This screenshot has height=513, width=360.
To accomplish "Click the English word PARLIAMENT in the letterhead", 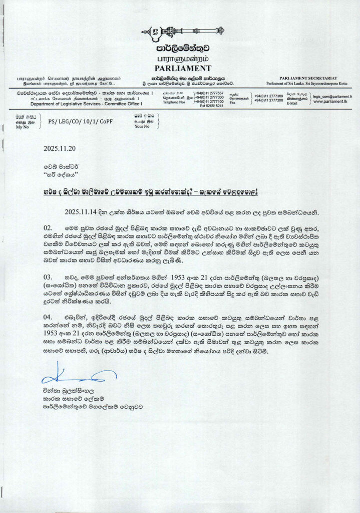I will (x=180, y=68).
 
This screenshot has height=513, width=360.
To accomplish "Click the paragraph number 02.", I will (x=47, y=228).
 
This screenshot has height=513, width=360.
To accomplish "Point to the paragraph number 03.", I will (x=47, y=277).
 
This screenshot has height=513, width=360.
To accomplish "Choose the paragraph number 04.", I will (x=47, y=318).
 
